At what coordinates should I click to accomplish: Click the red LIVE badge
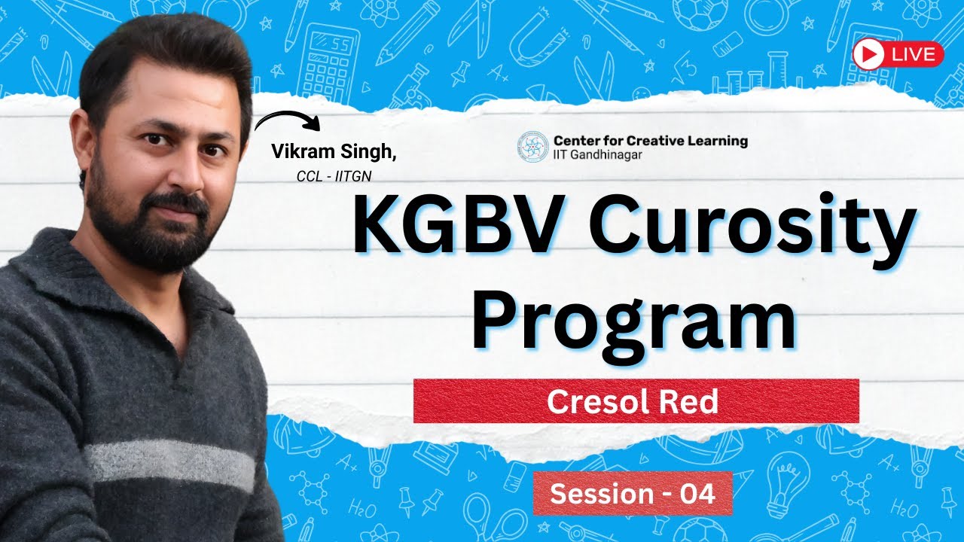click(898, 54)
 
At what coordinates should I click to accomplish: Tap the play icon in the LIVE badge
click(869, 54)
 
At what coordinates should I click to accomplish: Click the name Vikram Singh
click(334, 151)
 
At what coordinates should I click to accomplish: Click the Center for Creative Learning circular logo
click(532, 147)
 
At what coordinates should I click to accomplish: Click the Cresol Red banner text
click(633, 402)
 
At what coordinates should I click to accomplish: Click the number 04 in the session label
click(696, 494)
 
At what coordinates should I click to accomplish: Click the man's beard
click(151, 233)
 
